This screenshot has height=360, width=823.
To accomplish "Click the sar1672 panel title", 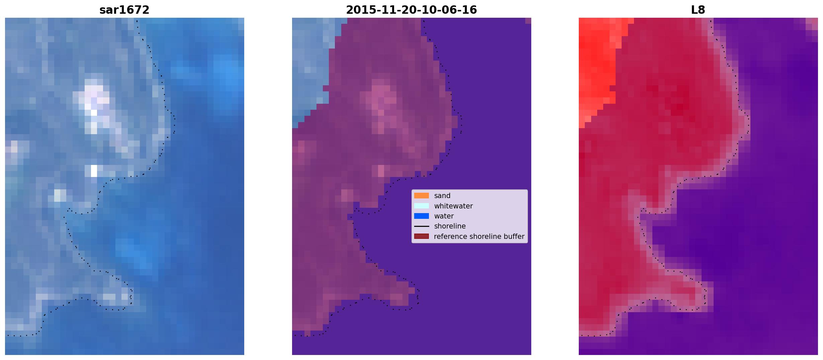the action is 124,10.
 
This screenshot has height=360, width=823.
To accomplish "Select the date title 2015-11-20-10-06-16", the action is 411,10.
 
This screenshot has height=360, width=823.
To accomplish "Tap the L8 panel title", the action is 698,10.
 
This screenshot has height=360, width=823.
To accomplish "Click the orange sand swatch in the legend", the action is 422,196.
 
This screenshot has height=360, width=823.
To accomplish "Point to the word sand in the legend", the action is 442,196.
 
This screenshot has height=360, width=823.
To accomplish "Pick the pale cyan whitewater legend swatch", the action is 422,206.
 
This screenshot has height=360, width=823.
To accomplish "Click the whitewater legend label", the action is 453,206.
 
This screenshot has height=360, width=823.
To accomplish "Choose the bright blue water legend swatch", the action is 422,216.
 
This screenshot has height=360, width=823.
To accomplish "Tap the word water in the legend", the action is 444,216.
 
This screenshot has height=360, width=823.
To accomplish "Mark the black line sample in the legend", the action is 422,226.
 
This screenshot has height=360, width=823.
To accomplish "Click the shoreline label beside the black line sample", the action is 450,226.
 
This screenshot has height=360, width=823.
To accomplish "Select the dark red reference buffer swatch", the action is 422,236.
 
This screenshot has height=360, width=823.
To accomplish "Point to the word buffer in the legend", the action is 514,237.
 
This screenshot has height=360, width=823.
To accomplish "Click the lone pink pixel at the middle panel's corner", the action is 528,21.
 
